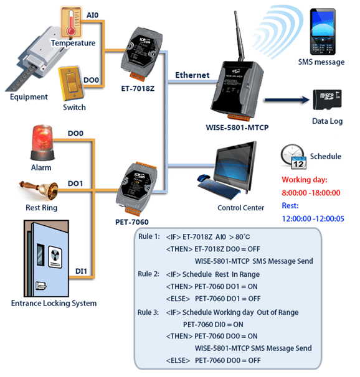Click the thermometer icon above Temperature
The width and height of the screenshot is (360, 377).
(71, 22)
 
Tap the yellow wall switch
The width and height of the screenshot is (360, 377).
(71, 83)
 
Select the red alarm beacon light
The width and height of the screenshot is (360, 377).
(42, 142)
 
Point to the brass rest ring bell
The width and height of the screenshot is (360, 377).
(39, 190)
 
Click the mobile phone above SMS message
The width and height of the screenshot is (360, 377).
(323, 32)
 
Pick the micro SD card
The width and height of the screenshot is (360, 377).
(327, 100)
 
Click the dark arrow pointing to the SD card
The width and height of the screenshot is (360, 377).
(287, 100)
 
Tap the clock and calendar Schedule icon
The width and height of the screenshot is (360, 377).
(293, 157)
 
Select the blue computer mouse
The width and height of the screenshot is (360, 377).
(203, 178)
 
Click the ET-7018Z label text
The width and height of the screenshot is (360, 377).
(138, 89)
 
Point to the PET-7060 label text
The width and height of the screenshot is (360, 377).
(132, 222)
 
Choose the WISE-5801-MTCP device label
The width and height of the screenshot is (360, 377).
(237, 128)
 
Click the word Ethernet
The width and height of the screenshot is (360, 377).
(192, 75)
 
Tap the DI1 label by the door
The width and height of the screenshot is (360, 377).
(81, 271)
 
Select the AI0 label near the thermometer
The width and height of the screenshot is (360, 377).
(92, 15)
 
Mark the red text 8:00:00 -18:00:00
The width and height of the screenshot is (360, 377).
(311, 193)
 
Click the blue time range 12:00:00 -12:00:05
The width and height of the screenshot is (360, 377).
(313, 219)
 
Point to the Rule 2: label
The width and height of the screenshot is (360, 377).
(148, 274)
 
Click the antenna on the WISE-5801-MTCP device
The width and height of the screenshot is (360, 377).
(239, 36)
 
